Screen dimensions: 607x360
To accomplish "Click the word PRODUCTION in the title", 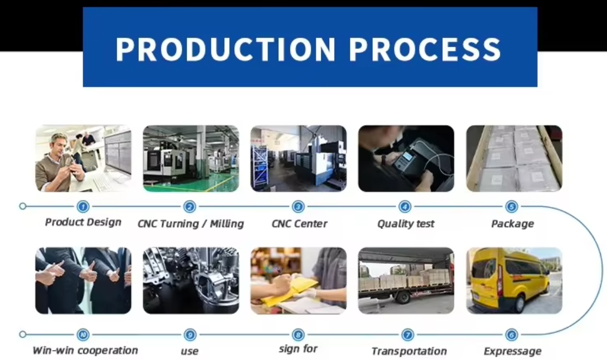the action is click(x=226, y=49).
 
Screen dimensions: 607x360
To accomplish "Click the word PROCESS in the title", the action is click(x=425, y=49).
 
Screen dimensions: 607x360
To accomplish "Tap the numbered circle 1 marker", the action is click(x=83, y=207).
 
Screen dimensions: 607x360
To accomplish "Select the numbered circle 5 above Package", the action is click(x=512, y=207).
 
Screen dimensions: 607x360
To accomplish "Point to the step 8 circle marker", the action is click(x=298, y=335).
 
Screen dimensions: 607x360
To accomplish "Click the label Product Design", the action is click(x=83, y=222).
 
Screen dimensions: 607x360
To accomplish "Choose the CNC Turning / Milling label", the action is click(x=191, y=224).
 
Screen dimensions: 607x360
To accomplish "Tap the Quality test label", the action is click(x=406, y=224).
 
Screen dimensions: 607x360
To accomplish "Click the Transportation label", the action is click(x=409, y=351).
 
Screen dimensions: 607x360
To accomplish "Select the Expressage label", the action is click(x=513, y=352).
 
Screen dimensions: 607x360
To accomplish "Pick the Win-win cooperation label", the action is click(x=85, y=350).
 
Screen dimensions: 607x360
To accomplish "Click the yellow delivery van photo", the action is click(x=514, y=280).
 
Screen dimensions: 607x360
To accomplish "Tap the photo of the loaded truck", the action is click(x=406, y=280).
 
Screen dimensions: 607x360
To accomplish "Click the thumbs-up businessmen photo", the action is click(x=83, y=280).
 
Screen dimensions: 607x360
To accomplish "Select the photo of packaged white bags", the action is click(x=514, y=159).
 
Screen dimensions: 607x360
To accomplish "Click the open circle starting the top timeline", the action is click(x=23, y=206).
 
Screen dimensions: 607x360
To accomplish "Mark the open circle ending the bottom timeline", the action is click(x=23, y=334).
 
